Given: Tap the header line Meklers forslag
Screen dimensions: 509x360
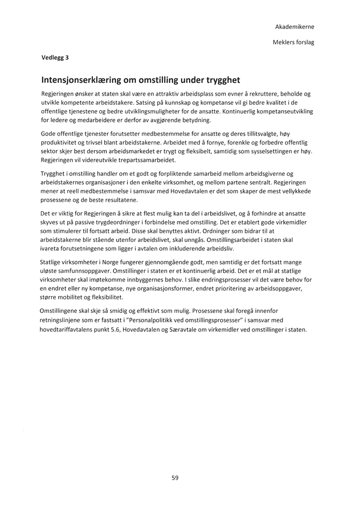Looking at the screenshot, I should point(293,42).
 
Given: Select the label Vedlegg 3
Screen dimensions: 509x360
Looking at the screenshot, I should point(55,56).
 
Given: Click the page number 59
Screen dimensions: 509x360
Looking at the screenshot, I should point(175,477).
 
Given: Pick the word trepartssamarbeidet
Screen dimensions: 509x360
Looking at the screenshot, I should point(142,160).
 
